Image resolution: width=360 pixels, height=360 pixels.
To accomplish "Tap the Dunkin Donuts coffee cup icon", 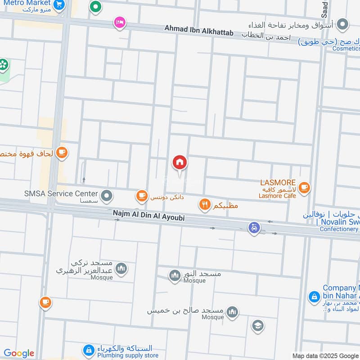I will (142, 196).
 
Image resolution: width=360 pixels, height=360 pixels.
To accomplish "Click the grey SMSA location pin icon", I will (107, 196).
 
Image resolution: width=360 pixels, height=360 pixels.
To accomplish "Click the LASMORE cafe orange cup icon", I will (305, 187).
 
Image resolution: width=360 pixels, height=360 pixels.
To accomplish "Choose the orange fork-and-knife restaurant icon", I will (205, 205).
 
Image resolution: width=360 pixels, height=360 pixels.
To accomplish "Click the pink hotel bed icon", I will (119, 22).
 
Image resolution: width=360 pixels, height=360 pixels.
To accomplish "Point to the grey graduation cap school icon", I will (258, 326).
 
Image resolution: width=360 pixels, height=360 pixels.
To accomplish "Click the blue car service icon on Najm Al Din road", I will (254, 228).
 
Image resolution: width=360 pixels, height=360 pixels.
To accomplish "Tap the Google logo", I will (19, 353).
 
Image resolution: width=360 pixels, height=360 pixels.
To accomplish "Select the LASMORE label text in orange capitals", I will (278, 183).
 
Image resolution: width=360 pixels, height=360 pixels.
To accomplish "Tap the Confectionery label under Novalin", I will (338, 229).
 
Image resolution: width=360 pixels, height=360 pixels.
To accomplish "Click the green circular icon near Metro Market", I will (95, 7).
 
